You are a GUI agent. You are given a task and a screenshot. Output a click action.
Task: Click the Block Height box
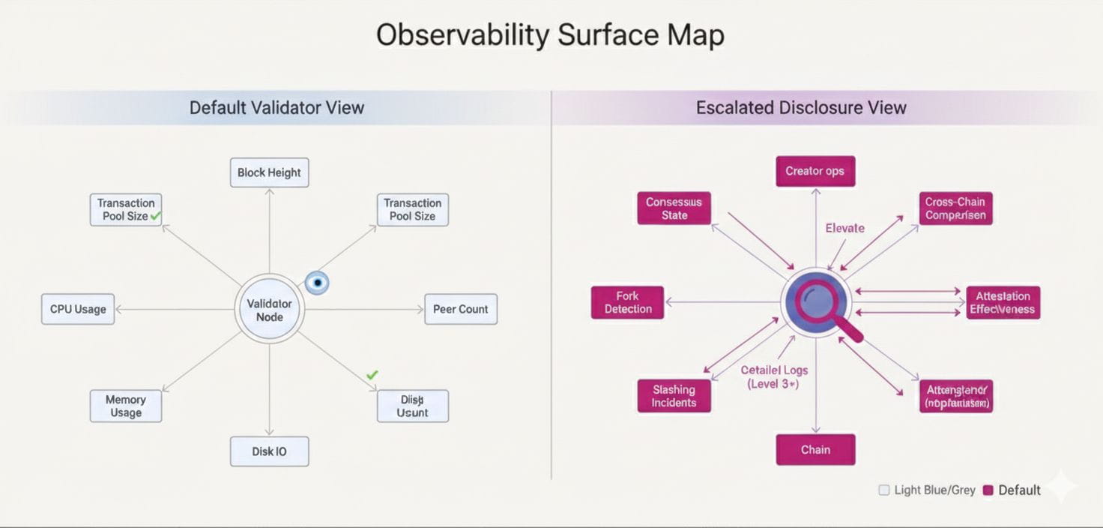click(269, 172)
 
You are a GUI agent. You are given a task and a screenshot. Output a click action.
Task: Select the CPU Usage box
click(78, 309)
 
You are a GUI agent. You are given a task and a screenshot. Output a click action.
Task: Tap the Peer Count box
click(460, 309)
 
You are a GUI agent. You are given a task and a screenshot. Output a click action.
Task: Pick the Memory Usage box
click(125, 406)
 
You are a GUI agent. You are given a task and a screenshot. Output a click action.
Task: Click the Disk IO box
click(269, 451)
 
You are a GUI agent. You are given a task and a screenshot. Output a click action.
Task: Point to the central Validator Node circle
click(269, 309)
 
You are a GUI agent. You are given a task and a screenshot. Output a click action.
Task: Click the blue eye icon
click(317, 283)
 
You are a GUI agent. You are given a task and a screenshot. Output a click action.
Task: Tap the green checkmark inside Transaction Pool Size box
click(156, 216)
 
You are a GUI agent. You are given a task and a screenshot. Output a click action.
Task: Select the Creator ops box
click(815, 171)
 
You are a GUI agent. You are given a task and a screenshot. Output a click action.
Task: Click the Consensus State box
click(674, 208)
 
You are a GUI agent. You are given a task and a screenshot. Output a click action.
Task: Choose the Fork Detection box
click(627, 302)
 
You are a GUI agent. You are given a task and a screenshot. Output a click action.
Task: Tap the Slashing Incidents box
click(674, 396)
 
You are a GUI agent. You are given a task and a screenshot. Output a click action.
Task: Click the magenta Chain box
click(815, 450)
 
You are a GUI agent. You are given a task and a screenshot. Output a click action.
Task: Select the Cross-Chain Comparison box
click(955, 208)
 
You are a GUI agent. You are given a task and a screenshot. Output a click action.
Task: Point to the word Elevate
click(844, 228)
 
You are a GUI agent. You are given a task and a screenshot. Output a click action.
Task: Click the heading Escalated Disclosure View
click(801, 108)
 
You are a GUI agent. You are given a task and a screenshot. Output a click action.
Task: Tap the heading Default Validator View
click(276, 108)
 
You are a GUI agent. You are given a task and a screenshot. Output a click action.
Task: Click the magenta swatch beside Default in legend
click(988, 490)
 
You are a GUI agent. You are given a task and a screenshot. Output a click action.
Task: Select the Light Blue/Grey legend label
click(934, 490)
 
